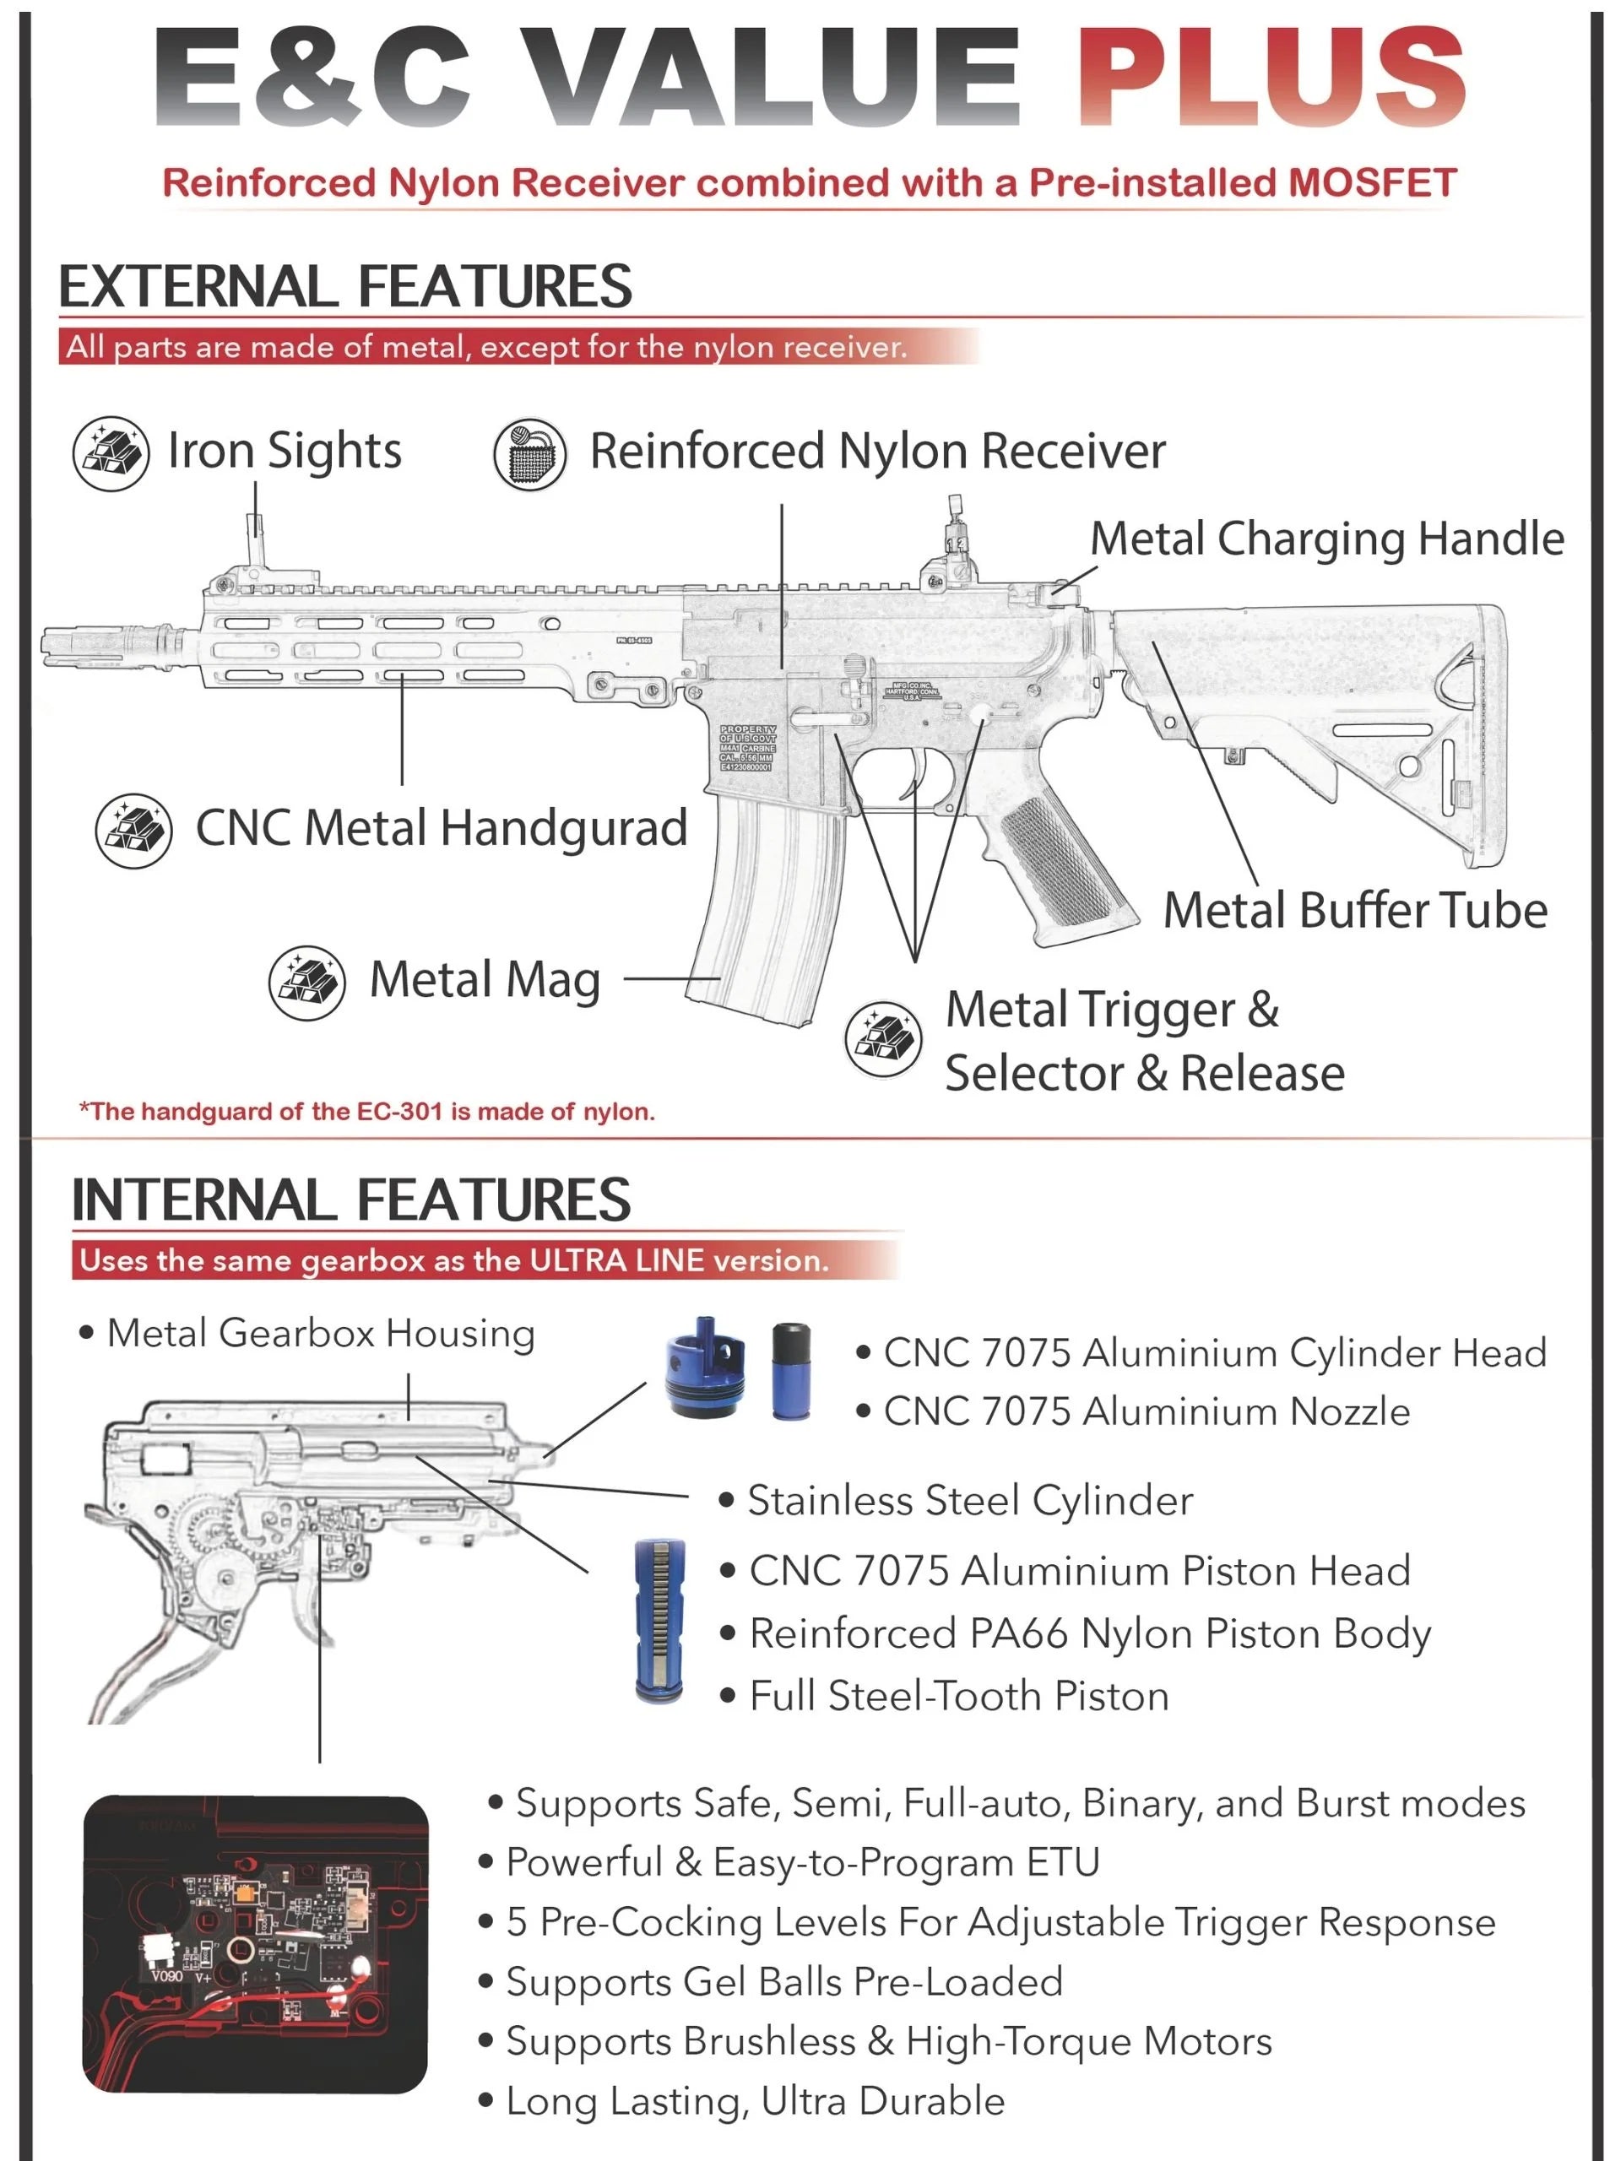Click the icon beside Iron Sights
[x=111, y=453]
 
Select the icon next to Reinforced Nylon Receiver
[x=530, y=454]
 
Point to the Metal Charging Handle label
[x=1327, y=539]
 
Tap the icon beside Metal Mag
[x=306, y=983]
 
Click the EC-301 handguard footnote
[x=366, y=1112]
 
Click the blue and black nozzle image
[x=790, y=1370]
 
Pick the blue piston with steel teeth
[x=659, y=1622]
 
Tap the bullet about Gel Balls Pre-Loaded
[x=770, y=1982]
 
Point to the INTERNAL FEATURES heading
[x=352, y=1200]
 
